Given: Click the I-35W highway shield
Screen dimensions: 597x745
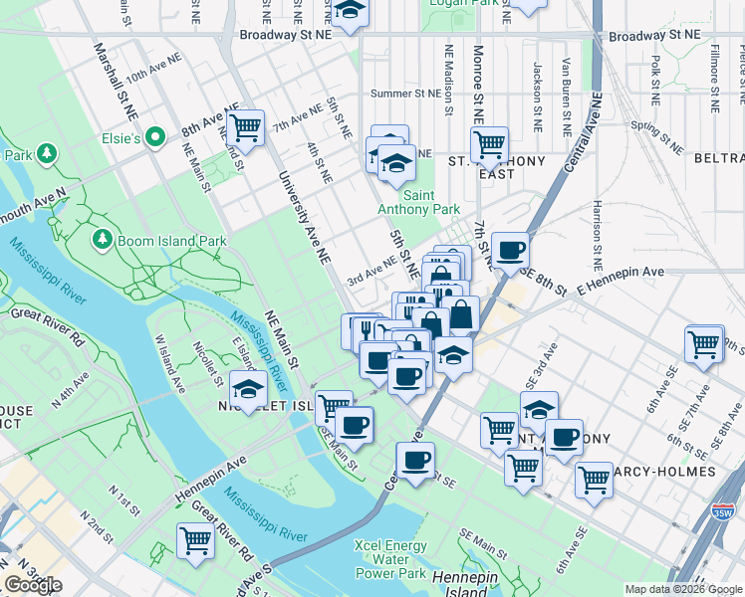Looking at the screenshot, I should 728,511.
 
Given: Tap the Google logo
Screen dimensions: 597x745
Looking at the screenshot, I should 33,585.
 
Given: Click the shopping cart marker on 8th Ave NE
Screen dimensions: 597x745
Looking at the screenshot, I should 244,129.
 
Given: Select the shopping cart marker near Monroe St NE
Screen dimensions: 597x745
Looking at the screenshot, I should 489,145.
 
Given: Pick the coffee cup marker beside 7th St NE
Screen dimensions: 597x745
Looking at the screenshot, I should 510,252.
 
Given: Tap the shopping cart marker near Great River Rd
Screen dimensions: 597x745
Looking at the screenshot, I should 196,542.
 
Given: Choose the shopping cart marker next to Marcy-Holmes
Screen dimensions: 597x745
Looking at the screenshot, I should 594,480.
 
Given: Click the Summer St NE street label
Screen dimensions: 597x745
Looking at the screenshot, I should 404,94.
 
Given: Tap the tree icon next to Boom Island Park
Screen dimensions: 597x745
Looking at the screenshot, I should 102,240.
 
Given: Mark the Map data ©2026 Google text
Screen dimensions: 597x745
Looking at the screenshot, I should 682,589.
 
